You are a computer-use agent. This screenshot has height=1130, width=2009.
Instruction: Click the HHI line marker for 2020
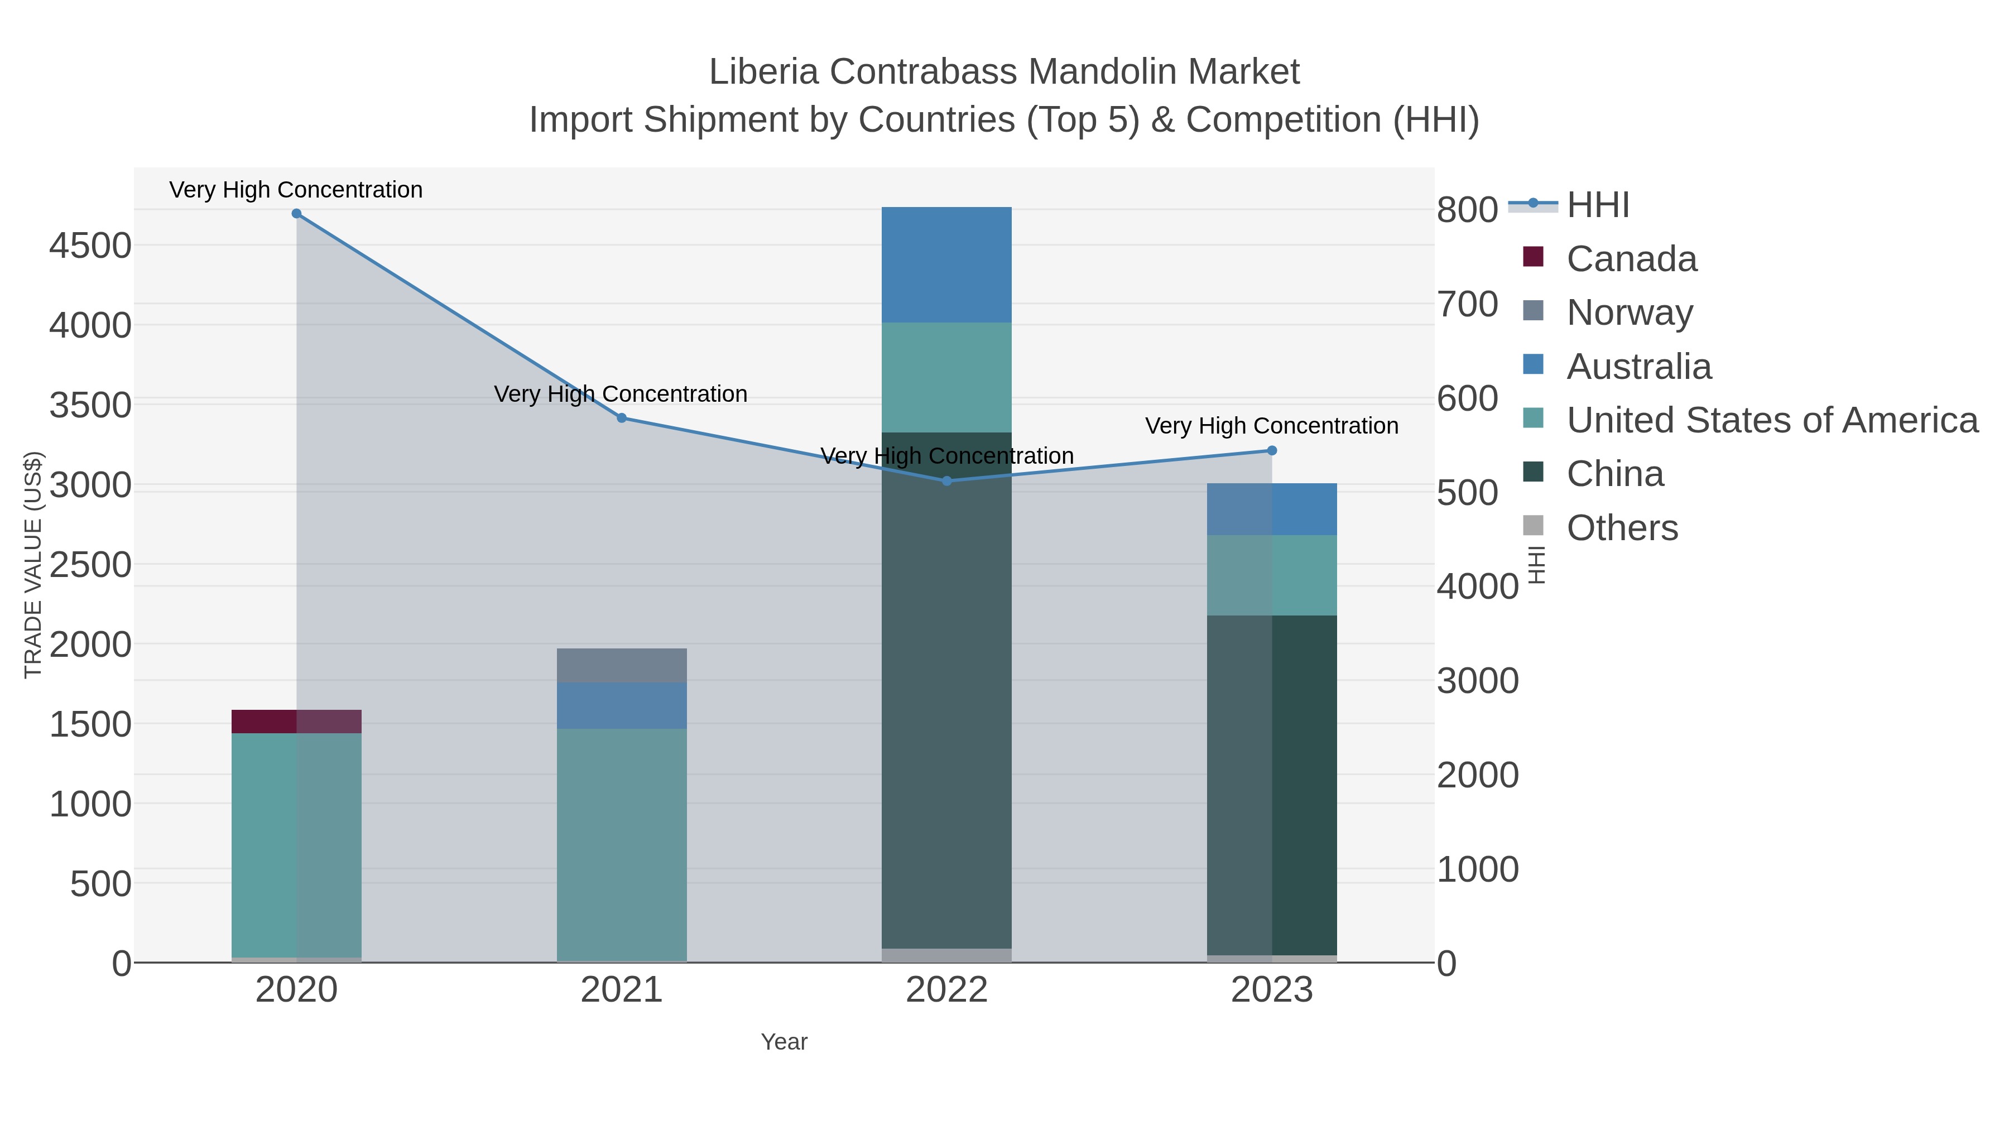tap(296, 214)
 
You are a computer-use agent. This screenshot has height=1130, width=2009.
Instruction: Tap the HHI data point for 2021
tap(622, 418)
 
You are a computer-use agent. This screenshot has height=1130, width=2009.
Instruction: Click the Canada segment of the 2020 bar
tap(296, 722)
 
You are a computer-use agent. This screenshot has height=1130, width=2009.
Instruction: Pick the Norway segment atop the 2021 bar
tap(622, 665)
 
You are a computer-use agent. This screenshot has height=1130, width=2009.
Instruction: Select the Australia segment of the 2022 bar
tap(946, 265)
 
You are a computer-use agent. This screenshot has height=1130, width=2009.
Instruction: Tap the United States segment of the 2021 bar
tap(622, 842)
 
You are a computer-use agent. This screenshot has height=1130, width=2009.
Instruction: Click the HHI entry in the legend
tap(1597, 205)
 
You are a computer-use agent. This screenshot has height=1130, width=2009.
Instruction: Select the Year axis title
tap(784, 1042)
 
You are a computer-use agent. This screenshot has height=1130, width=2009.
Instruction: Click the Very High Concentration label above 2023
tap(1271, 426)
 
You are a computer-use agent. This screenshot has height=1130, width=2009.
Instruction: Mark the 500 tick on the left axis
tap(100, 884)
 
